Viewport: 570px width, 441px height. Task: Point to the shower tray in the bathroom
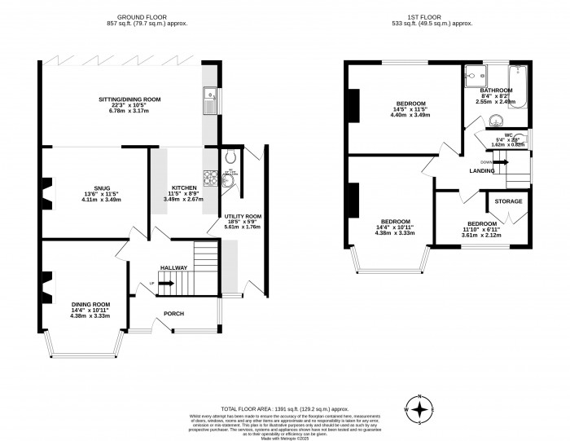pos(473,76)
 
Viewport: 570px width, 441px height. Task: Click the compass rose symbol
pos(419,408)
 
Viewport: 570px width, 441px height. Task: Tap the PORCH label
pos(173,313)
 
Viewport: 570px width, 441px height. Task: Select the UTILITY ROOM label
pos(243,216)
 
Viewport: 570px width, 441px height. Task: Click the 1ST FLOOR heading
pos(438,17)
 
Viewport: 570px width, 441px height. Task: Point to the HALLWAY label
pos(173,267)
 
